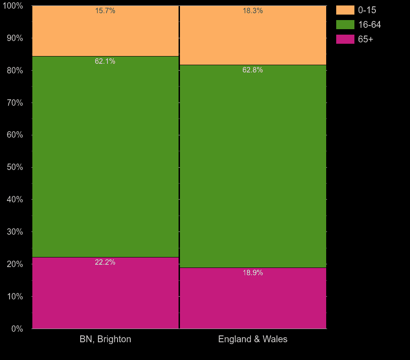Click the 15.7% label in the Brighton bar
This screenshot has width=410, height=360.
105,11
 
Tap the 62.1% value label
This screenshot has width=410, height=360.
105,61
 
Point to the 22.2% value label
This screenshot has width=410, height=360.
105,262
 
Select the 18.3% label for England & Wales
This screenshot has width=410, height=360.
253,11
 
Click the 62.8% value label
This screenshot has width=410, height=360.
253,70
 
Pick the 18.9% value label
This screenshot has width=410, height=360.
253,273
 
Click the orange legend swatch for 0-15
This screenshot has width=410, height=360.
345,10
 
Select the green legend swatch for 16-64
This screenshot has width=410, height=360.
345,25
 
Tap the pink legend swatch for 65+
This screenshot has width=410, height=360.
345,39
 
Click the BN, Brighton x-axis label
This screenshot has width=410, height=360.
105,339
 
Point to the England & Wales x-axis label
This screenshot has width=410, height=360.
253,339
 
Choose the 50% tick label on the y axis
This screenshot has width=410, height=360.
15,167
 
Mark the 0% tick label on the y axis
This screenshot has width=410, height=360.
17,329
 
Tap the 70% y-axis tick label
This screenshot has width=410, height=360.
15,103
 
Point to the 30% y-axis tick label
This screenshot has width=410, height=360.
15,231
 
